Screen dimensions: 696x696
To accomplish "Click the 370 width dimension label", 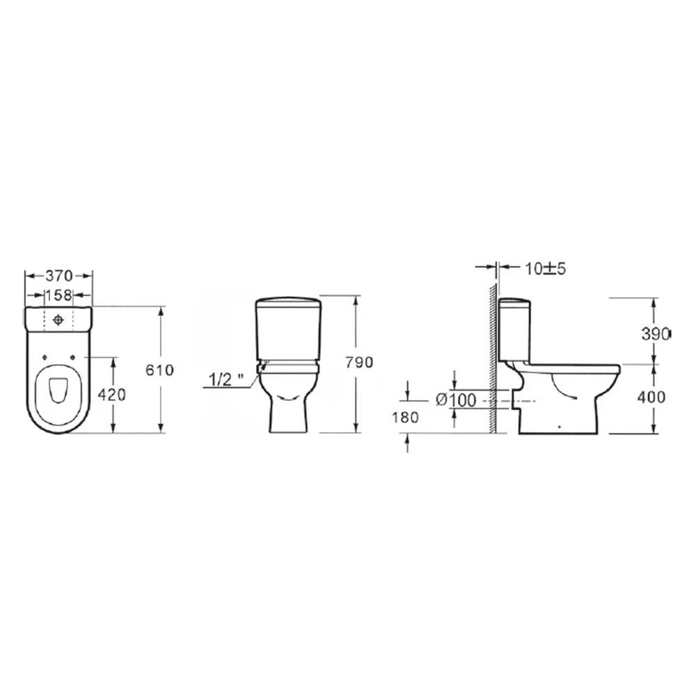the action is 58,276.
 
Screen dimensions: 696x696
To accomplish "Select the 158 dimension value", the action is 58,294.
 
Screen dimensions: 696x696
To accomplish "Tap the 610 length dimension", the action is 160,370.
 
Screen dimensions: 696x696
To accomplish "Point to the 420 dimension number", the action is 112,394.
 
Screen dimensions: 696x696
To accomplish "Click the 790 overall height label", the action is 360,362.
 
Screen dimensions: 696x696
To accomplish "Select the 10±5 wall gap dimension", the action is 546,269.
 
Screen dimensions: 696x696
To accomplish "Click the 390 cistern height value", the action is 655,334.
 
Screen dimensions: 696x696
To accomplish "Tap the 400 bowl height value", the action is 651,397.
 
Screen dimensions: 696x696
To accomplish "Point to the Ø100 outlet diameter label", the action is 456,400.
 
